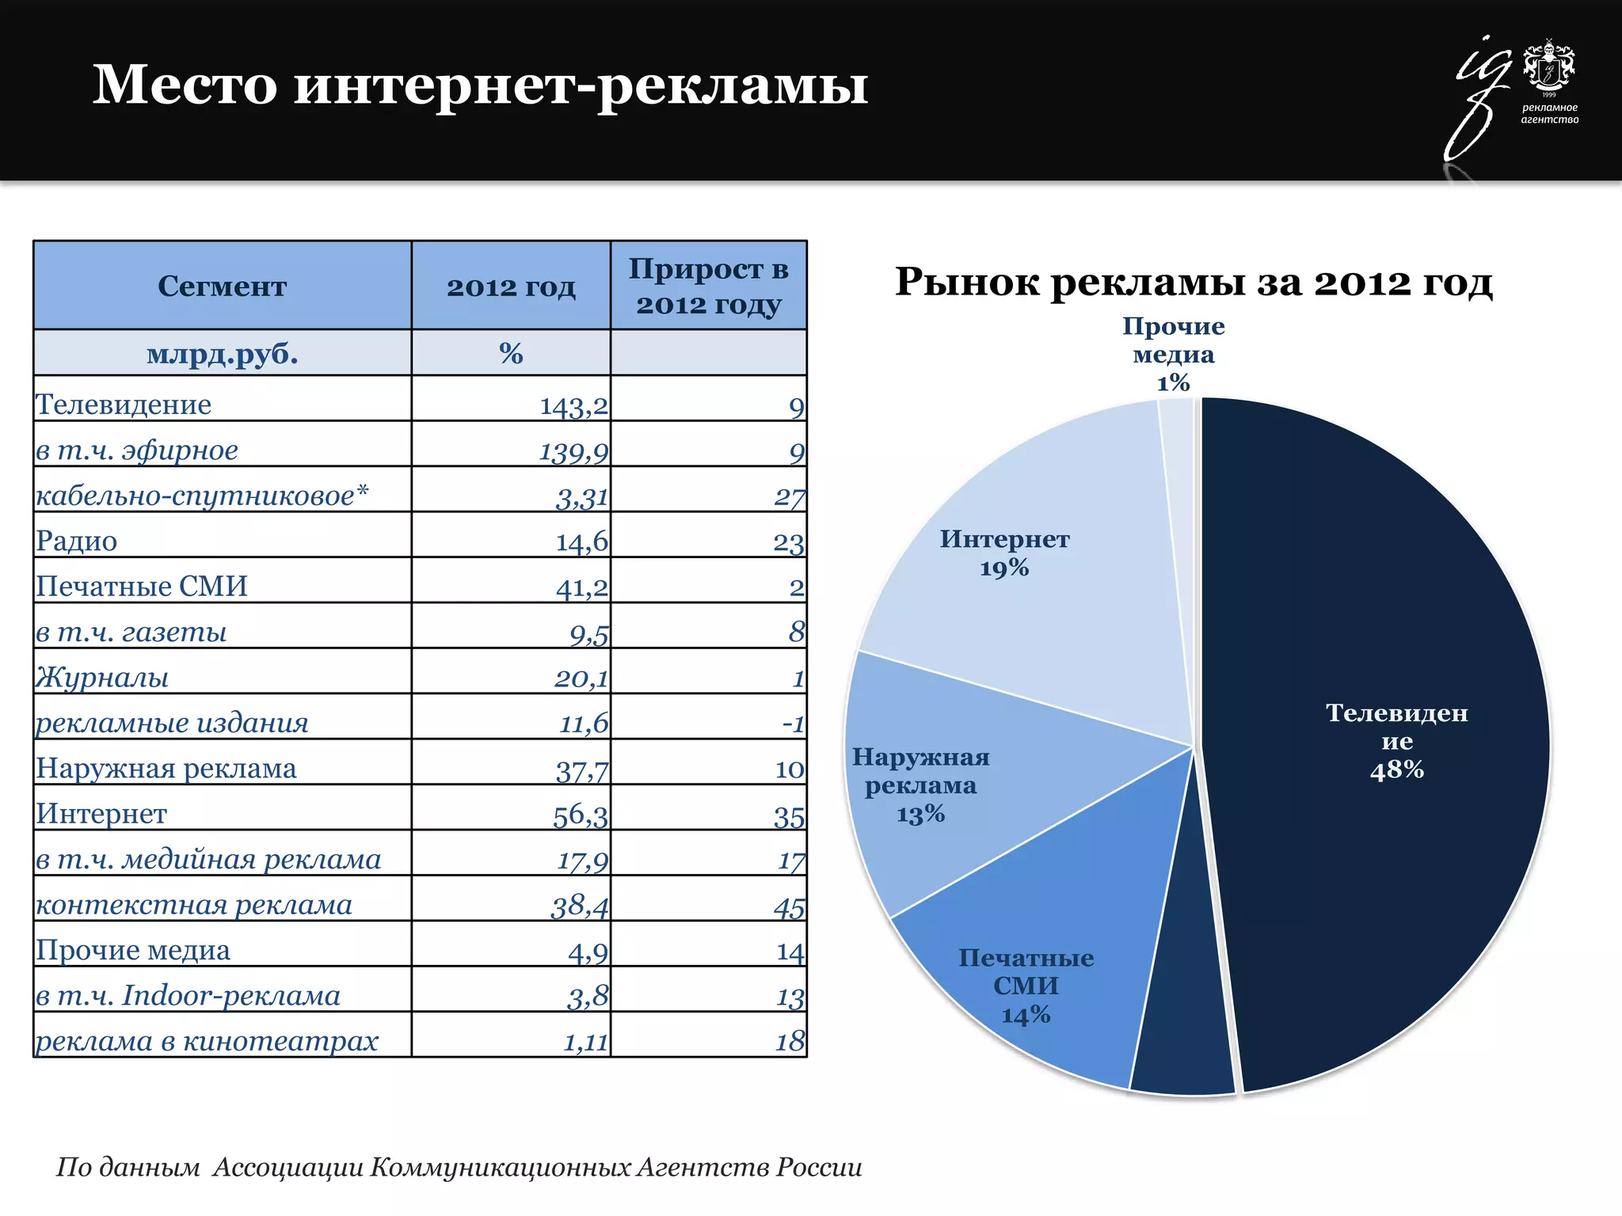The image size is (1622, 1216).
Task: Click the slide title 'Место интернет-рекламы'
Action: point(480,85)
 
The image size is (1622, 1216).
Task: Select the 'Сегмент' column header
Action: point(222,286)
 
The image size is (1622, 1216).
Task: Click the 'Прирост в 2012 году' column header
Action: point(709,286)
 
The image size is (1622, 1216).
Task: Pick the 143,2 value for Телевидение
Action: point(573,406)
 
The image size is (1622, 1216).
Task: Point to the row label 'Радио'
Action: point(77,541)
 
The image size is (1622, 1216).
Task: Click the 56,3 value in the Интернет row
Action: point(580,815)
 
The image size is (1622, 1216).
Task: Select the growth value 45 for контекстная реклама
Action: point(789,906)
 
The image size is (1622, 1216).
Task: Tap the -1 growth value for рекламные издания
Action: point(793,724)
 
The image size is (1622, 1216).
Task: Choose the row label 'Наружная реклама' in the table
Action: point(166,769)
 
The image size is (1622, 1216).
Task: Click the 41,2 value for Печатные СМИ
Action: point(581,587)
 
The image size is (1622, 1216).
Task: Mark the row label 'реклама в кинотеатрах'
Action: point(207,1041)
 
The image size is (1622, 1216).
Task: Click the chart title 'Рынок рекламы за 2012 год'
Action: point(1194,283)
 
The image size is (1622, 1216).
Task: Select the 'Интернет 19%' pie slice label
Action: point(1004,553)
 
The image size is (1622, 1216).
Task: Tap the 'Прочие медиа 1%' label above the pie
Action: point(1173,354)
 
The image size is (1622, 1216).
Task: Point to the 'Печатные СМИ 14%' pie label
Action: point(1026,986)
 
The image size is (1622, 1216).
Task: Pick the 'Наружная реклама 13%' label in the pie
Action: point(921,785)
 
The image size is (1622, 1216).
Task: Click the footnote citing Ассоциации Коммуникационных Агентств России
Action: point(459,1167)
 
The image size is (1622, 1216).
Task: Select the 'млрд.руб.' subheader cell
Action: point(222,353)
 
